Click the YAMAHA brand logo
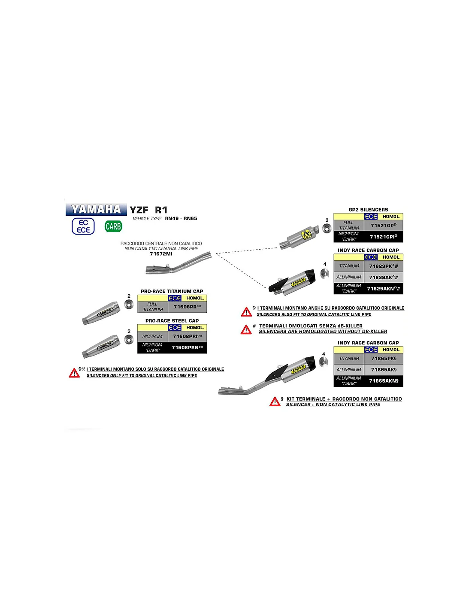[96, 209]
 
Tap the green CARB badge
[113, 226]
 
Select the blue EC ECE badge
[83, 226]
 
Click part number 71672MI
[161, 254]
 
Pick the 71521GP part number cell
[383, 226]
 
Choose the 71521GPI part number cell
[383, 237]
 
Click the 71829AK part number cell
[383, 278]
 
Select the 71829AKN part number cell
[383, 289]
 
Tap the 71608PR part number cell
[187, 307]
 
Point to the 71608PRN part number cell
[187, 347]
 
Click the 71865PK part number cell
[384, 359]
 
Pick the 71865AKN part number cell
[384, 381]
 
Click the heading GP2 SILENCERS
[368, 210]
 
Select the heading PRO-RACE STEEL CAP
[172, 321]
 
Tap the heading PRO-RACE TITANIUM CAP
[172, 291]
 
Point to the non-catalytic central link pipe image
[179, 265]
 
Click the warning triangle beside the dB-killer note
[246, 329]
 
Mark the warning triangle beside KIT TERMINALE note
[275, 402]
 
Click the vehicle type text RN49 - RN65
[181, 218]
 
